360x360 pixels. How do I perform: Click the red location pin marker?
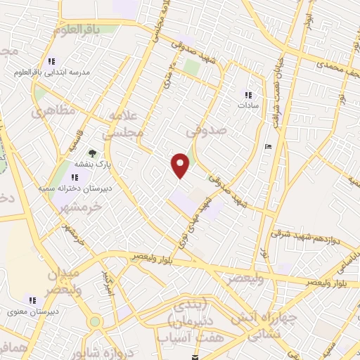point(181,165)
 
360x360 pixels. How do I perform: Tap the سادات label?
point(247,105)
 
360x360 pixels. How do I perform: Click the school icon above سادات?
point(247,95)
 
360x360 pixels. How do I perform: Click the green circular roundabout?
point(94,322)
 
